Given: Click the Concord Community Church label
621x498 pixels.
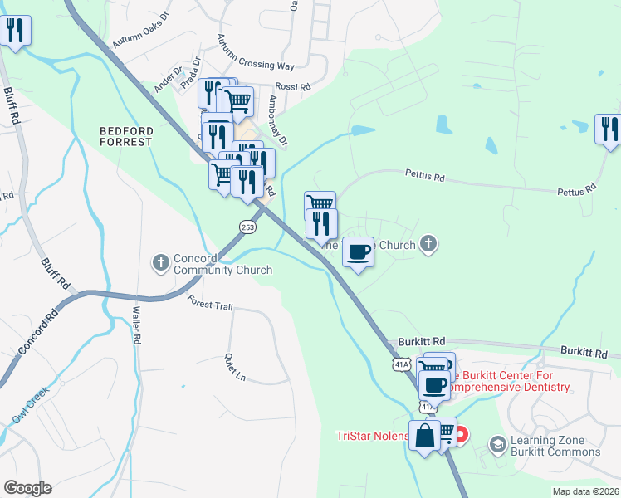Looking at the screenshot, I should pos(222,264).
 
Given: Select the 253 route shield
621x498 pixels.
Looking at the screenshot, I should pos(247,226).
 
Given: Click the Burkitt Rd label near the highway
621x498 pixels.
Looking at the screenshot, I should pos(422,341).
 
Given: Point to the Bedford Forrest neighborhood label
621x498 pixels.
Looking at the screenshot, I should pos(126,136).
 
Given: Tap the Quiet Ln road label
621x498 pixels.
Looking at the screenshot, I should pos(235,368).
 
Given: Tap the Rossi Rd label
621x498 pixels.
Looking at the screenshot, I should pos(292,86).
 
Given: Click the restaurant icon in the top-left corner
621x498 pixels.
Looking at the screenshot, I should pos(16,32).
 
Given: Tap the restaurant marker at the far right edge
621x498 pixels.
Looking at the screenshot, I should pos(609,129).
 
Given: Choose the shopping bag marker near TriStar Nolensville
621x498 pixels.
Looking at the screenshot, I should pos(425,436).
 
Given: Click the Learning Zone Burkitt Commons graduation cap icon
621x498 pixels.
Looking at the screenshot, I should pos(497,446).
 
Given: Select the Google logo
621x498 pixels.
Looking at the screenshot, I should pos(27,488).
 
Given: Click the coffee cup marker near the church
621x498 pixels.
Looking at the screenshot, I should pos(358,251).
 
